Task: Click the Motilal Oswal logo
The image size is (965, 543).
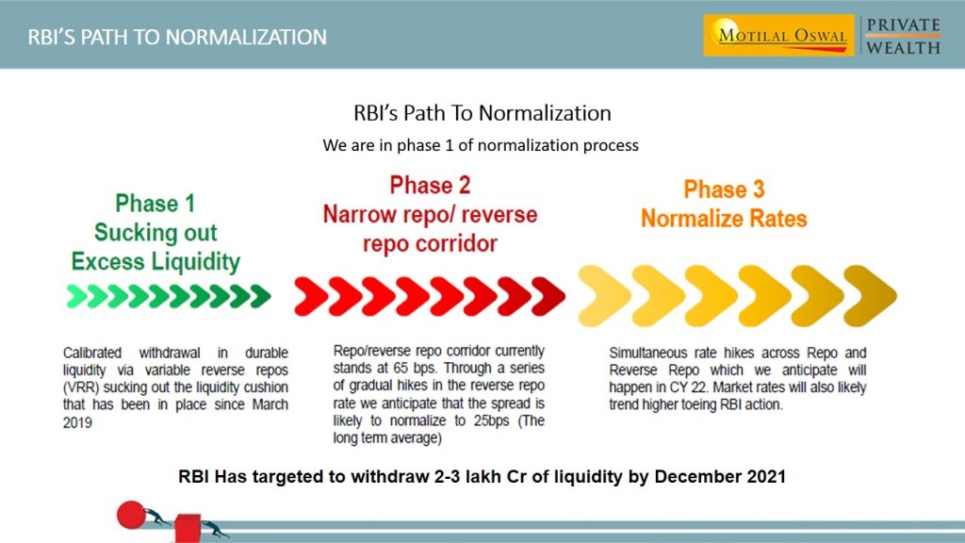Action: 778,36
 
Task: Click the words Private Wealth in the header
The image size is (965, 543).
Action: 903,36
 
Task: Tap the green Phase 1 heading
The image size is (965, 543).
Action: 155,204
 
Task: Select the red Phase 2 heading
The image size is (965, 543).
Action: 430,185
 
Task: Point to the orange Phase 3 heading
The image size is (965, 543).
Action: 724,189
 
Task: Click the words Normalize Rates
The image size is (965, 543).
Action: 724,219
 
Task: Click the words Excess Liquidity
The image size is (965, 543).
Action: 155,261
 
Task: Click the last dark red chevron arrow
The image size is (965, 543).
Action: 548,296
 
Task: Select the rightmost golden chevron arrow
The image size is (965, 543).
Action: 869,295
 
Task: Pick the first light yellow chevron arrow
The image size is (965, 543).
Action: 604,295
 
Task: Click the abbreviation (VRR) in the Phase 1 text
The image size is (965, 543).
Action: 81,387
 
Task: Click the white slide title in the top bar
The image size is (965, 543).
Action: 177,37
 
